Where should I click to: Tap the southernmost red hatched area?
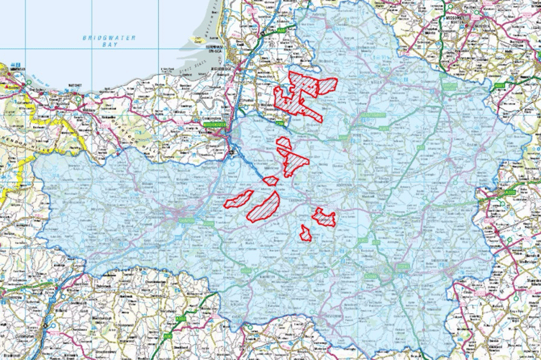(x=306, y=233)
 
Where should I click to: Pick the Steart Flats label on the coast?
(x=216, y=63)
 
